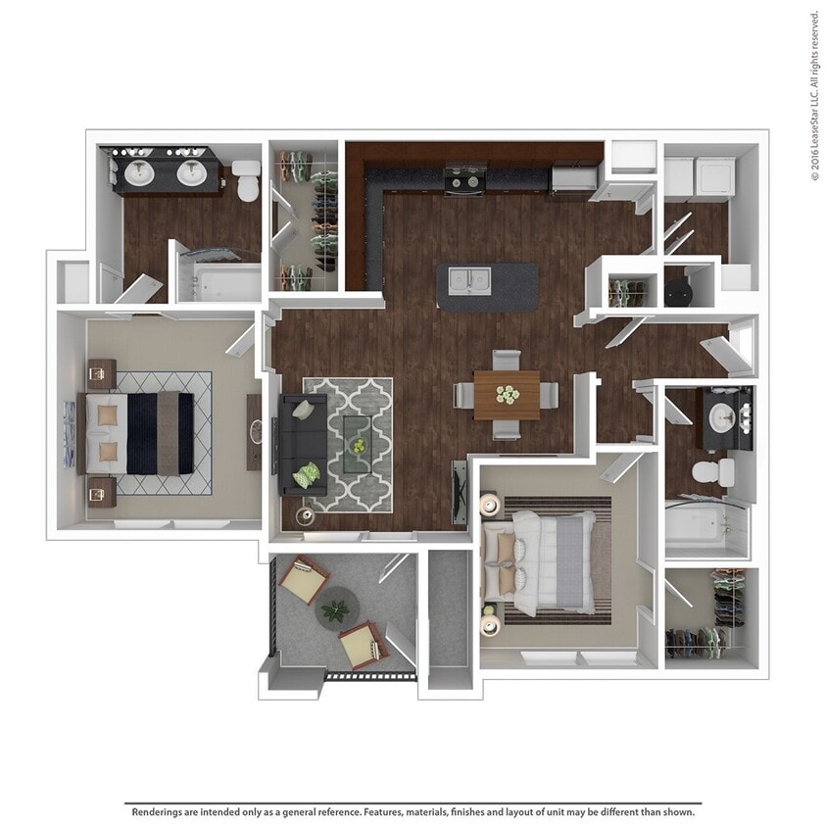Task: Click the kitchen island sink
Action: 469,280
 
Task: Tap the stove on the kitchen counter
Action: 463,180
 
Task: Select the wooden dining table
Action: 507,395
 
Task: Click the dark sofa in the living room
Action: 303,444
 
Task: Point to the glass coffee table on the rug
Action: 358,444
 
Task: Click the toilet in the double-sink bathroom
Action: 247,180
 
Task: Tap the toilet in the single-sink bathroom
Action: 713,472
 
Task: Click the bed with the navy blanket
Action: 135,433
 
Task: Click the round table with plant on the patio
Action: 337,608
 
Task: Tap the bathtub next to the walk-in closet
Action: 704,526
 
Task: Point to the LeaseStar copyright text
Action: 815,95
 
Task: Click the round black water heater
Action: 678,292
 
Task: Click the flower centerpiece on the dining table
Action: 508,394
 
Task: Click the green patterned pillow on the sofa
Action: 307,474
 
